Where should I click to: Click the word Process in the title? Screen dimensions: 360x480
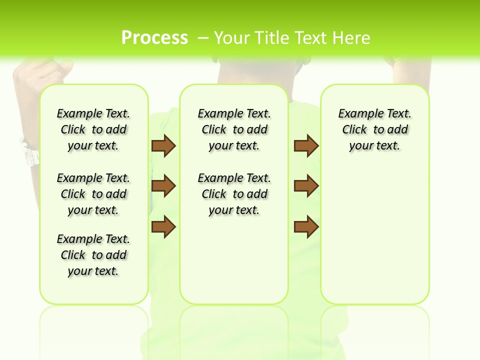(154, 37)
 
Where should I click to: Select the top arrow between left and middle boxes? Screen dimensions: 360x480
(163, 145)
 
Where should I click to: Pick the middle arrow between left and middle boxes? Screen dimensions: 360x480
(163, 186)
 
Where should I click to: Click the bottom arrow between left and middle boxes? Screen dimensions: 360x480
(163, 226)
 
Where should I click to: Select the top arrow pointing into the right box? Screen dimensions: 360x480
(306, 145)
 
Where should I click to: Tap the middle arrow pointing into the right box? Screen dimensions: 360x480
(306, 186)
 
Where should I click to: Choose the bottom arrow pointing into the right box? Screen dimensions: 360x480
(306, 226)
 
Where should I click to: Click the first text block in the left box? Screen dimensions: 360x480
(93, 129)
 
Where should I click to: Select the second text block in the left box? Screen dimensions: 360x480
(93, 194)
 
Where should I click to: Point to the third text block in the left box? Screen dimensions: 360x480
(93, 255)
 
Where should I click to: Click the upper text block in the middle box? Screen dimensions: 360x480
(234, 129)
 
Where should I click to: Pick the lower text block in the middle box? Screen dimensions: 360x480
(234, 194)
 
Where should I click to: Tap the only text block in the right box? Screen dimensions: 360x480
(374, 129)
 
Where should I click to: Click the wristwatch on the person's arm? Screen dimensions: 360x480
(29, 151)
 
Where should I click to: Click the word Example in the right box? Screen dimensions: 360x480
(356, 114)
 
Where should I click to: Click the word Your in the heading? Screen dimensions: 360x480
(232, 38)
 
